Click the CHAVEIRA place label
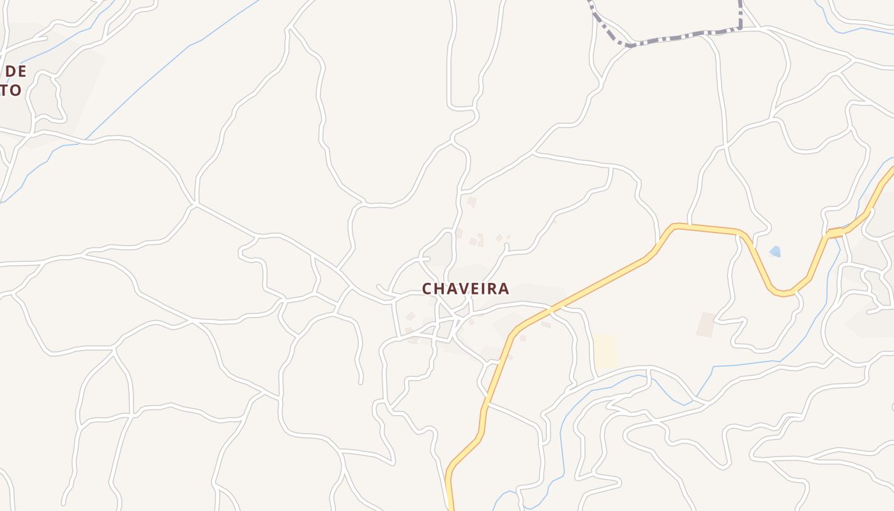pyautogui.click(x=466, y=289)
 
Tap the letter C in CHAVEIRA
pyautogui.click(x=428, y=289)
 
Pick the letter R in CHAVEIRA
pyautogui.click(x=493, y=289)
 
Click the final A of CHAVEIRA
pyautogui.click(x=504, y=289)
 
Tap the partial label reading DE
pyautogui.click(x=15, y=71)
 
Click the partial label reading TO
pyautogui.click(x=11, y=90)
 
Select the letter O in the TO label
pyautogui.click(x=15, y=90)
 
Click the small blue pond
pyautogui.click(x=775, y=252)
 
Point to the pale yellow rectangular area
pyautogui.click(x=605, y=351)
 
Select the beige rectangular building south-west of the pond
pyautogui.click(x=706, y=325)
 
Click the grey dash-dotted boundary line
pyautogui.click(x=677, y=34)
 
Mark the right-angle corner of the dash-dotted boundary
pyautogui.click(x=740, y=27)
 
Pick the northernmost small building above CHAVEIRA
pyautogui.click(x=472, y=201)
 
